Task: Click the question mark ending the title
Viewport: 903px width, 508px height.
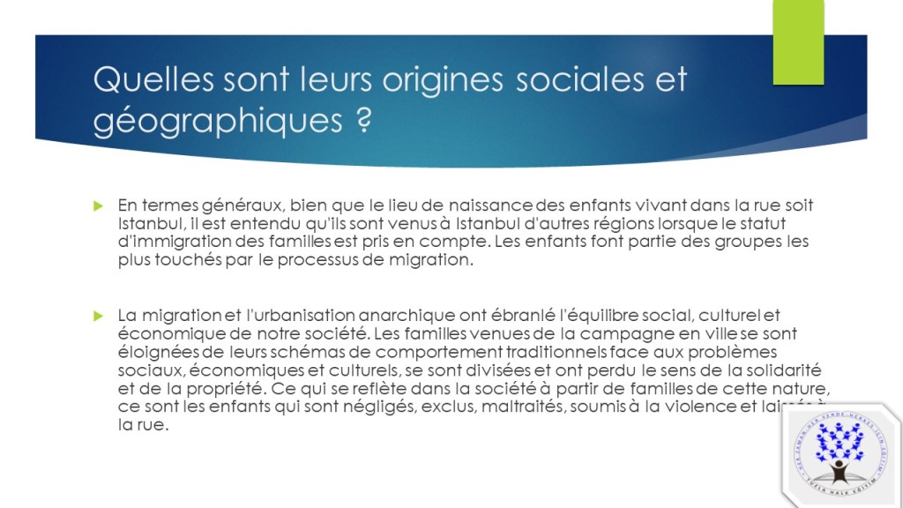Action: (x=357, y=120)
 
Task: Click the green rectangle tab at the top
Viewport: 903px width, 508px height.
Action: (x=798, y=43)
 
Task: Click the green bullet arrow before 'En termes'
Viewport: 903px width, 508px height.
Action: (x=100, y=205)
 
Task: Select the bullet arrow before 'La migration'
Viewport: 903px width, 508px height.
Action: (x=100, y=315)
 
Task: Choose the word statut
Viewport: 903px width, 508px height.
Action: (x=762, y=224)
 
